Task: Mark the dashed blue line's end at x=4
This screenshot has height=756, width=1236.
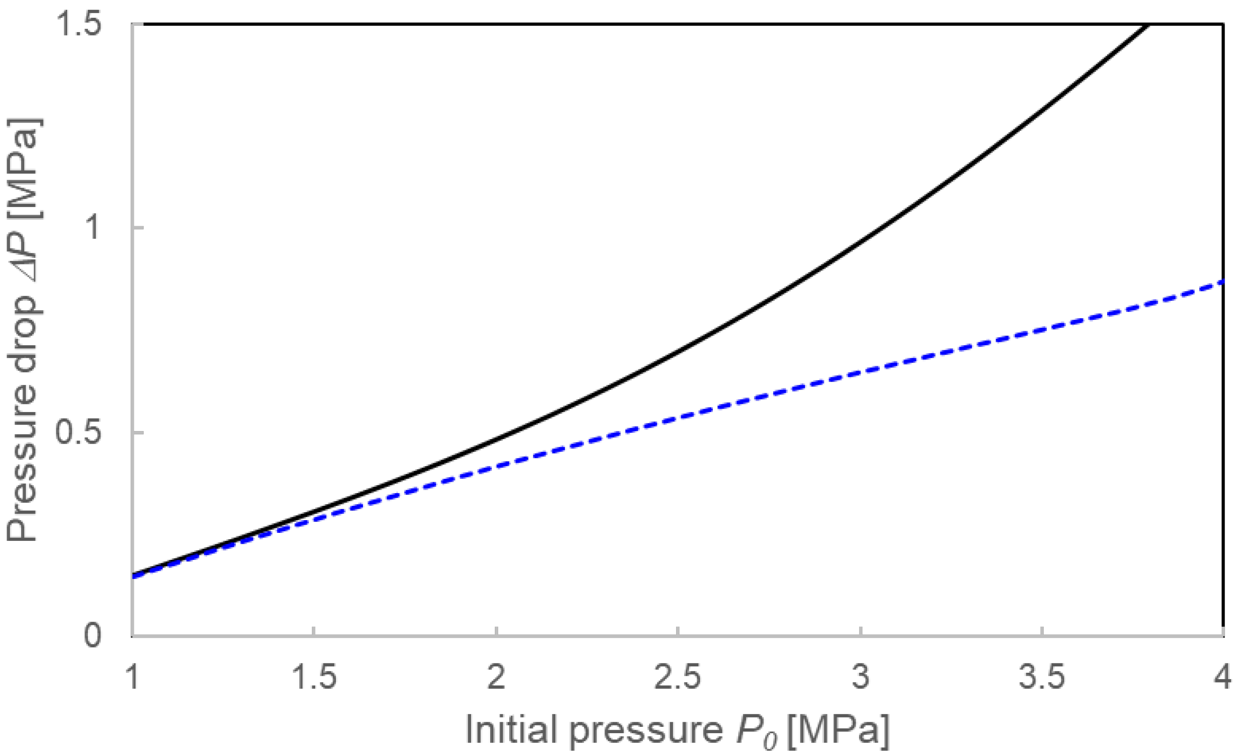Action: click(x=1223, y=282)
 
